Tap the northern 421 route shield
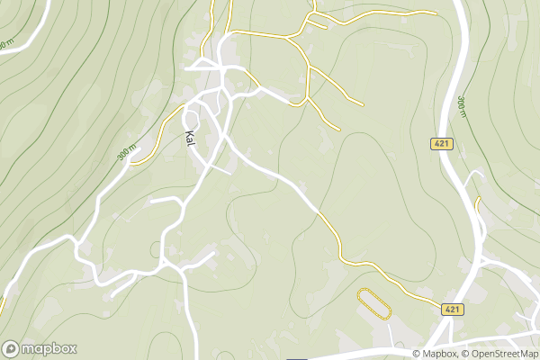(x=441, y=144)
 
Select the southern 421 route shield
(x=453, y=309)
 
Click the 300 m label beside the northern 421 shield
(x=460, y=105)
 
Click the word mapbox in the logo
(x=49, y=349)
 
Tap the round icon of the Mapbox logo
(x=11, y=349)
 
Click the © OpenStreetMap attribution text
(x=500, y=354)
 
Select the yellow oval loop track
(x=375, y=302)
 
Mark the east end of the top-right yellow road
(x=435, y=13)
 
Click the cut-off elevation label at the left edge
(x=7, y=43)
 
